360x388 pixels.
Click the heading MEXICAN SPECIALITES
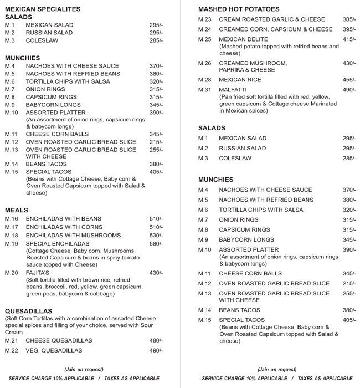coord(43,9)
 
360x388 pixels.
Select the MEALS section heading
coord(16,210)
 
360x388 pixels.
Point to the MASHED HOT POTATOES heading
coord(239,9)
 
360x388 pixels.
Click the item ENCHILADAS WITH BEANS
coord(64,219)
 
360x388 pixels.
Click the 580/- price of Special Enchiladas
coord(156,243)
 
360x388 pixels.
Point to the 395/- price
coord(349,29)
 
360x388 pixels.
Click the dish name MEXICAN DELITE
coord(244,40)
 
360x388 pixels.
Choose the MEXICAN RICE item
coord(240,80)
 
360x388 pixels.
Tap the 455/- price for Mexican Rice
coord(349,80)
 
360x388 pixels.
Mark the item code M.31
coord(205,90)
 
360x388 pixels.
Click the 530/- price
coord(156,235)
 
